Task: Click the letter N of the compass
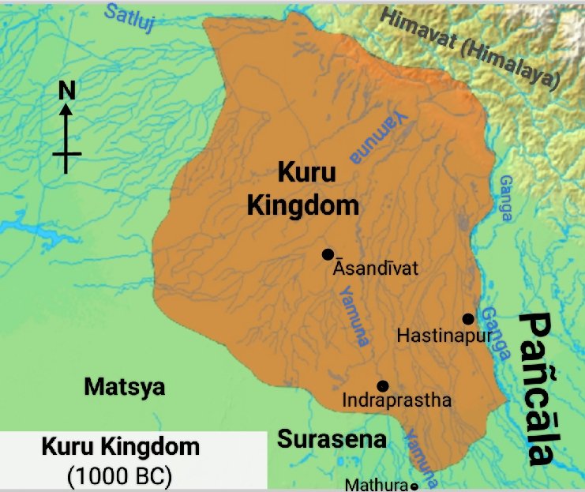tap(67, 92)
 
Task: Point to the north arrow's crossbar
tap(67, 153)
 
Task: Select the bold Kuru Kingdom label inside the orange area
tap(302, 190)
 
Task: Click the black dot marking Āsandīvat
tap(328, 254)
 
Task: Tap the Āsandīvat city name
tap(375, 269)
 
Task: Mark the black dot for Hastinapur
tap(468, 318)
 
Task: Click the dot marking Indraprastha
tap(383, 385)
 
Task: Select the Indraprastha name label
tap(396, 401)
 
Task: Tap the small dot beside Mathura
tap(414, 486)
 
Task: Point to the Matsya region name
tap(125, 387)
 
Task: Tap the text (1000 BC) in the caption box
tap(119, 476)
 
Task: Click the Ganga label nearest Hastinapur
tap(497, 332)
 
